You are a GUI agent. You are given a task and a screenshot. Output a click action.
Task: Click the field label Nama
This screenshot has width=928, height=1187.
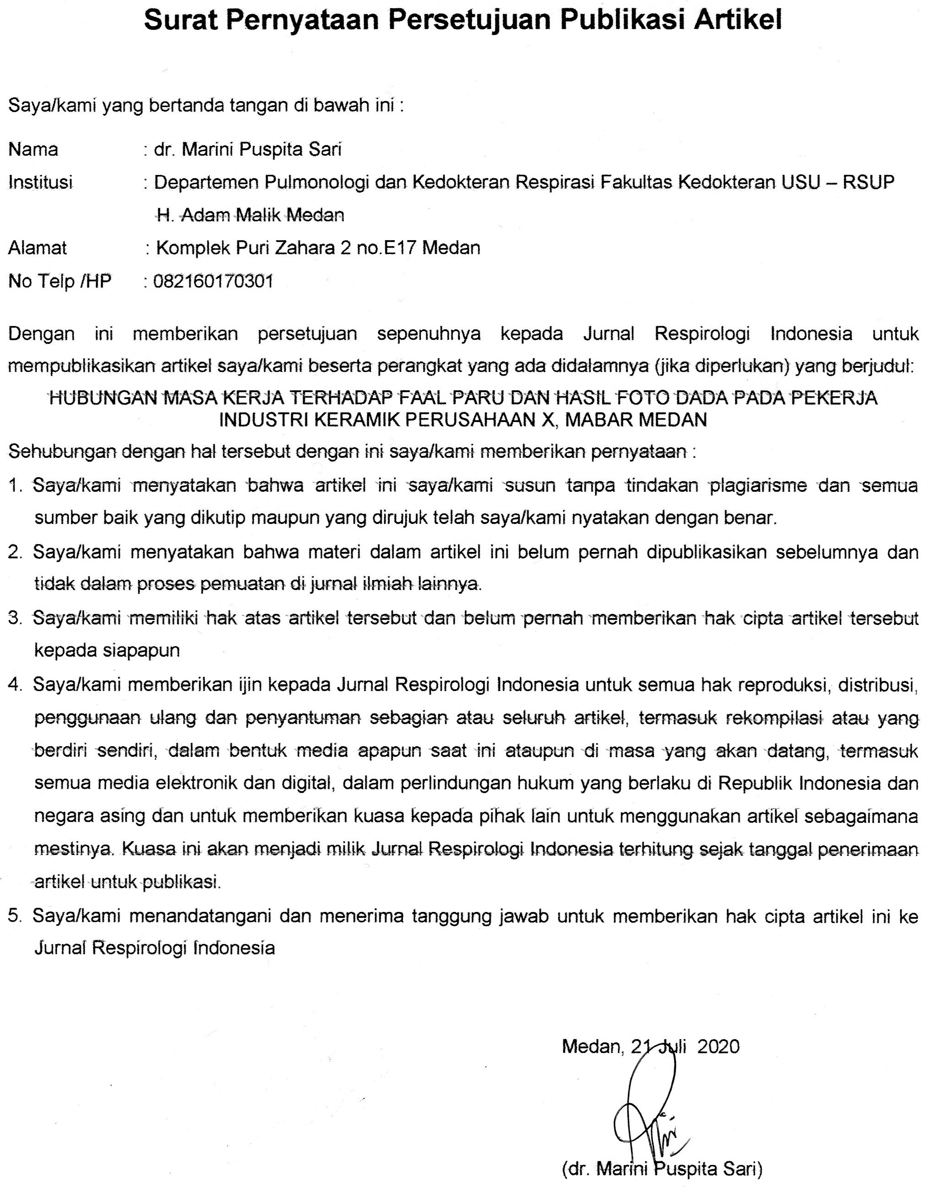pyautogui.click(x=33, y=149)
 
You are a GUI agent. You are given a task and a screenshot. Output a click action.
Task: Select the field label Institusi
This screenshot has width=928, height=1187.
pyautogui.click(x=40, y=183)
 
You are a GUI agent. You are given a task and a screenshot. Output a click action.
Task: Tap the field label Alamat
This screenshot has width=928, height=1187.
pyautogui.click(x=37, y=248)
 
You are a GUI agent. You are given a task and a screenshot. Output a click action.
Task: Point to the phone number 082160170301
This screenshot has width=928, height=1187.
pyautogui.click(x=213, y=281)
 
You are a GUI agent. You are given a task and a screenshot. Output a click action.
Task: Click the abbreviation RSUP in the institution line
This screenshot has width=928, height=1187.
pyautogui.click(x=868, y=183)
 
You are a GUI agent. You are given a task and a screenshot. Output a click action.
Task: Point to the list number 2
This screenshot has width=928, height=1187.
pyautogui.click(x=15, y=553)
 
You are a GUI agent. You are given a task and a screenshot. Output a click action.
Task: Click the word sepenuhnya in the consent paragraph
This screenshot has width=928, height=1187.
pyautogui.click(x=429, y=334)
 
